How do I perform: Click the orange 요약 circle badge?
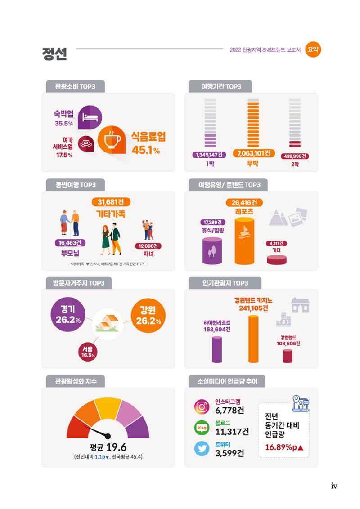pyautogui.click(x=313, y=49)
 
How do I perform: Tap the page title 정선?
pyautogui.click(x=54, y=54)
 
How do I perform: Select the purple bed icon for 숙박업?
pyautogui.click(x=90, y=117)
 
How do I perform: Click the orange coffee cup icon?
pyautogui.click(x=112, y=139)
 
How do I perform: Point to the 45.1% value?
pyautogui.click(x=145, y=150)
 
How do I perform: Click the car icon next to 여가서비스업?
pyautogui.click(x=86, y=144)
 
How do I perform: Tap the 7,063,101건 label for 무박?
pyautogui.click(x=254, y=153)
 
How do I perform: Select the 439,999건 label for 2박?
pyautogui.click(x=295, y=156)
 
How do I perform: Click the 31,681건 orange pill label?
pyautogui.click(x=111, y=202)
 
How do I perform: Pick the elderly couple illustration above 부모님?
pyautogui.click(x=70, y=223)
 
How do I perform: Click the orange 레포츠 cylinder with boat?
pyautogui.click(x=244, y=241)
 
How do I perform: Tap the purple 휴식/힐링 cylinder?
pyautogui.click(x=212, y=250)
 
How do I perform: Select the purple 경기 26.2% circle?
pyautogui.click(x=68, y=315)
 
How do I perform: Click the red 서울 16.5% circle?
pyautogui.click(x=88, y=352)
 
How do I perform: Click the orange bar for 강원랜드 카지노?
pyautogui.click(x=253, y=339)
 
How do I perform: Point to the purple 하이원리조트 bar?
pyautogui.click(x=217, y=350)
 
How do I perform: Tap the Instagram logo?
pyautogui.click(x=202, y=407)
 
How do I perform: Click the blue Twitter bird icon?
pyautogui.click(x=202, y=449)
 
